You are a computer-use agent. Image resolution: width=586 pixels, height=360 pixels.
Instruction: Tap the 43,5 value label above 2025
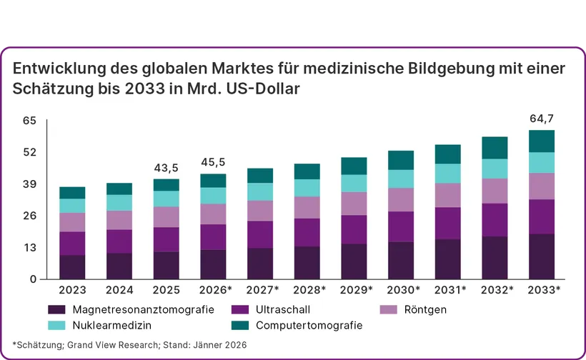[x=166, y=169]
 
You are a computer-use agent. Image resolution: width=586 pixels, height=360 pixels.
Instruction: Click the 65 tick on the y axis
[x=29, y=121]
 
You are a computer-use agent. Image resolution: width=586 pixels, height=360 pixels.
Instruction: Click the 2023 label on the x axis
[x=72, y=290]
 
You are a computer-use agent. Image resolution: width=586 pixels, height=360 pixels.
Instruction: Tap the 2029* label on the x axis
[x=355, y=290]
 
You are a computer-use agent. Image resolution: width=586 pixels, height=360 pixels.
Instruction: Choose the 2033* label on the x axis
[x=543, y=290]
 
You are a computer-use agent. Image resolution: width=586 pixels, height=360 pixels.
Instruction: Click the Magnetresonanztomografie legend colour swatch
[x=56, y=310]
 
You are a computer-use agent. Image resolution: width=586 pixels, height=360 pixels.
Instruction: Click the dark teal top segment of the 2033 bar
[x=542, y=141]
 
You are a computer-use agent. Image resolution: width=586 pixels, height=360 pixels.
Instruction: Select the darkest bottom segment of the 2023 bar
[x=72, y=266]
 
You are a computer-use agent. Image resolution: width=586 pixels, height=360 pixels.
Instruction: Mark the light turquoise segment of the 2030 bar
[x=401, y=179]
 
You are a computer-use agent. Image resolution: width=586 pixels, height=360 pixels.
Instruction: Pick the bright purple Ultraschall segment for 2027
[x=259, y=234]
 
